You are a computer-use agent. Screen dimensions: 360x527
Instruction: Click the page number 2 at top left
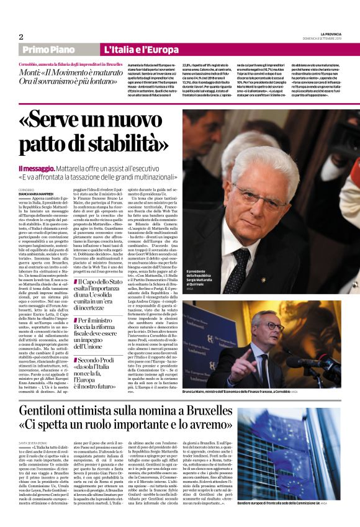click(x=20, y=37)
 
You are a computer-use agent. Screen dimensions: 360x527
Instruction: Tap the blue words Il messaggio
click(x=37, y=168)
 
